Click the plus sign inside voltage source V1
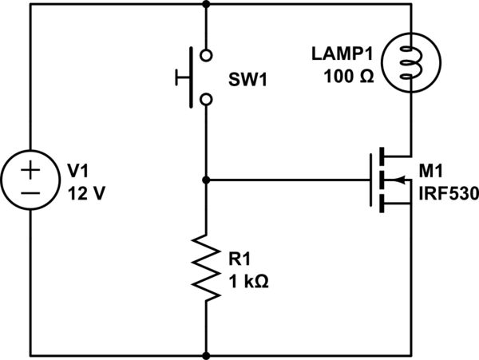tap(30, 168)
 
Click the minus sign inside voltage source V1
tap(30, 192)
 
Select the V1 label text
tap(77, 171)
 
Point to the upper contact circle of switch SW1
tap(207, 56)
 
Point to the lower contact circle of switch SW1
tap(207, 99)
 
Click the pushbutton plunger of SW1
tap(184, 77)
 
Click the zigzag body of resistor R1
tap(207, 267)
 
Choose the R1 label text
tap(239, 259)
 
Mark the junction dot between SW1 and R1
tap(207, 180)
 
